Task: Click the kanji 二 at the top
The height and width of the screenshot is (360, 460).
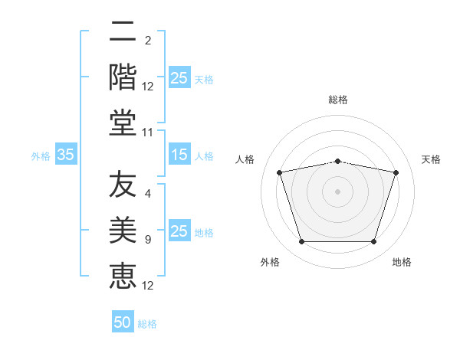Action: click(123, 31)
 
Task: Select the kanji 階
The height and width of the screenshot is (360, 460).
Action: click(123, 77)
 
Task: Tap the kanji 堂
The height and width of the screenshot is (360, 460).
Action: click(123, 123)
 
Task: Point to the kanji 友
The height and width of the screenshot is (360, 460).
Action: click(123, 184)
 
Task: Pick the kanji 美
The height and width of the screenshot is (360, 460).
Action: click(123, 230)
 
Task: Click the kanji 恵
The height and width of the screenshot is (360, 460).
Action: click(123, 277)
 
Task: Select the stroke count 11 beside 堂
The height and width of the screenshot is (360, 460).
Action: click(147, 133)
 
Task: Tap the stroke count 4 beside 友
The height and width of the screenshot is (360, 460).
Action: click(148, 194)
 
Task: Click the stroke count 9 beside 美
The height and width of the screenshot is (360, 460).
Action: click(148, 240)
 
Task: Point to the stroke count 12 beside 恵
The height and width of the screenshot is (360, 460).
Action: click(147, 286)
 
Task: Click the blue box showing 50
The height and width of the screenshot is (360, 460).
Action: click(123, 321)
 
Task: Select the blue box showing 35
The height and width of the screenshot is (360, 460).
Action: click(66, 154)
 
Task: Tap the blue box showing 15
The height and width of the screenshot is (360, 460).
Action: click(180, 154)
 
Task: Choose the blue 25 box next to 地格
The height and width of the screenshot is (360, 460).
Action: click(180, 230)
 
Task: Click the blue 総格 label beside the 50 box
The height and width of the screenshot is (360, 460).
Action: click(147, 324)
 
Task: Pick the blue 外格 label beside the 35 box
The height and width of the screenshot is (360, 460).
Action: click(41, 156)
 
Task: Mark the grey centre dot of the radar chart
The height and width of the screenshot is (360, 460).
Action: click(337, 191)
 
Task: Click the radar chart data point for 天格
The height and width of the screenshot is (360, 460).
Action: click(396, 172)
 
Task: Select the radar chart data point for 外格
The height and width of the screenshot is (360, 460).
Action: click(301, 241)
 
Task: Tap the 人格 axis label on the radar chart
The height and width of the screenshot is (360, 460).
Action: click(245, 159)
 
